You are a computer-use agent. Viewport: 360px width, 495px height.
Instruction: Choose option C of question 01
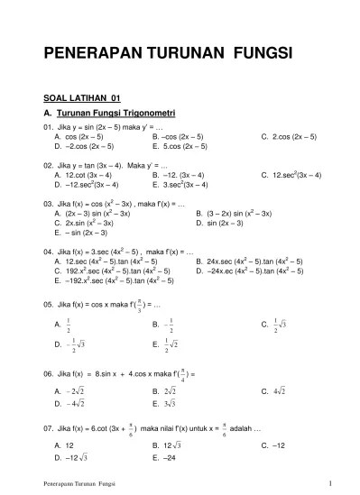tap(288, 137)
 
